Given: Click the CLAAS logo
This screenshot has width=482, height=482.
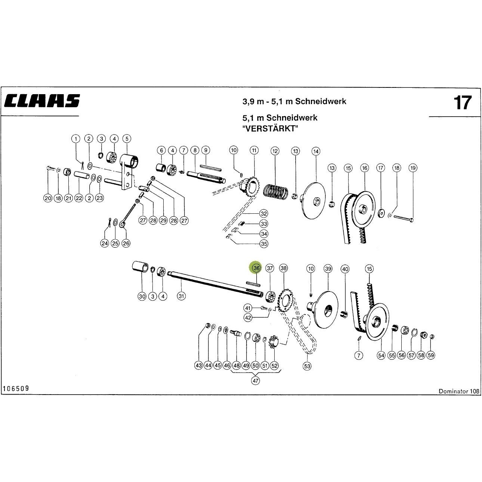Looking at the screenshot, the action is tap(42, 101).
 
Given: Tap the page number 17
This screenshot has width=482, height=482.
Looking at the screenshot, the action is tap(462, 102).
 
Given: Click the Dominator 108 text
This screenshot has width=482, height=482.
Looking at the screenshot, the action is tap(459, 391).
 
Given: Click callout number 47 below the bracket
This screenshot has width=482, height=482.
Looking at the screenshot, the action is tap(255, 381).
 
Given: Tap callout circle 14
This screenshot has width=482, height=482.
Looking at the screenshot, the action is tap(316, 151).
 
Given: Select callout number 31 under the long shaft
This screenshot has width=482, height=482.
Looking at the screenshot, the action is tap(181, 296).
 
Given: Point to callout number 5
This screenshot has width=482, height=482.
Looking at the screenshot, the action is tap(127, 139).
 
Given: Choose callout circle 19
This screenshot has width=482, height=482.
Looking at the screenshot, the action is tap(413, 168).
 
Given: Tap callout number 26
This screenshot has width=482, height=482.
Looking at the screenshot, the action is tap(126, 243).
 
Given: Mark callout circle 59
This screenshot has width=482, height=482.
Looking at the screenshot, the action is tap(431, 355).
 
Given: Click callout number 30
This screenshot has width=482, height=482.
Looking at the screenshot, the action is tap(142, 296).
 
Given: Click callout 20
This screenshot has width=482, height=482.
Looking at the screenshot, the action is tap(48, 198).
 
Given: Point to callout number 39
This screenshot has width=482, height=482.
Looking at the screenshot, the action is tap(328, 269).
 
